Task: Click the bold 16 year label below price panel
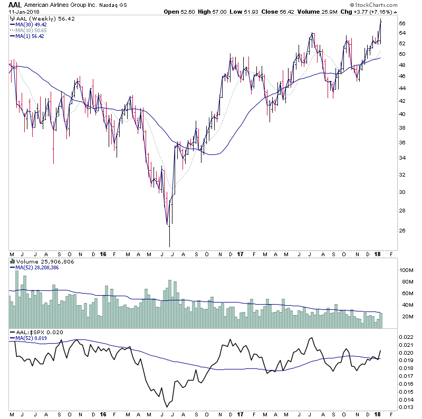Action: [103, 254]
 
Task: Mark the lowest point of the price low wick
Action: [169, 246]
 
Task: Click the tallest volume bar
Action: [16, 270]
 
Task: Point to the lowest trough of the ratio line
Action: [167, 406]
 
